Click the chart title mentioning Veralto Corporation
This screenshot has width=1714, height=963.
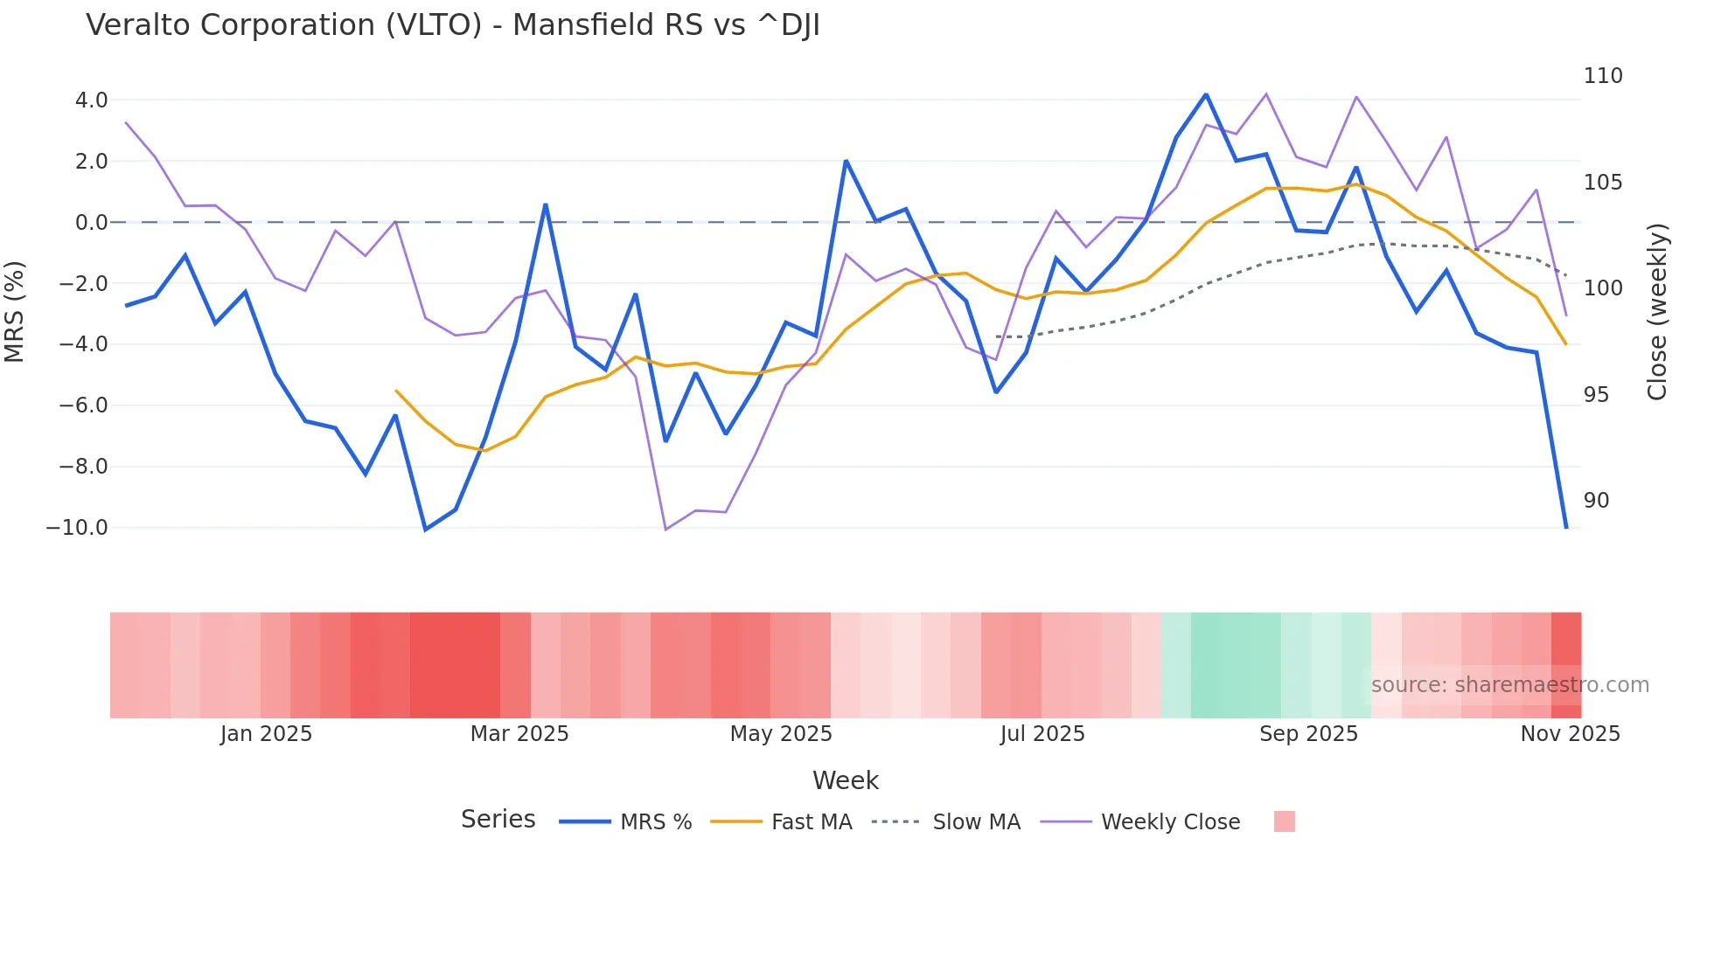[x=453, y=25]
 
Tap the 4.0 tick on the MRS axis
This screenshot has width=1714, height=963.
[x=91, y=100]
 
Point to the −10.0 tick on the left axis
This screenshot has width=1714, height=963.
[x=77, y=528]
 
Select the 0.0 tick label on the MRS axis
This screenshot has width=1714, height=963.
[x=91, y=223]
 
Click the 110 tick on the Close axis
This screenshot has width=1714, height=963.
[x=1603, y=76]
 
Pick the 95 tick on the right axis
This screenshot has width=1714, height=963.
[x=1596, y=395]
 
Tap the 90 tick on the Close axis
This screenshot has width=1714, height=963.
[x=1596, y=501]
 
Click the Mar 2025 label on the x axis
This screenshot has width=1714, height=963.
[x=519, y=734]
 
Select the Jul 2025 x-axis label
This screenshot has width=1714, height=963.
[x=1042, y=734]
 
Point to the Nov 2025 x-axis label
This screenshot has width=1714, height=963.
[x=1570, y=734]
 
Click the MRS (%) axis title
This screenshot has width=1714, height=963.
[x=15, y=311]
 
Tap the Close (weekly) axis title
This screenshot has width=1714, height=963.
[x=1657, y=311]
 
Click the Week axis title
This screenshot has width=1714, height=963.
[x=846, y=780]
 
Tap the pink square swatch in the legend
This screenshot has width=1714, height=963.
[x=1284, y=821]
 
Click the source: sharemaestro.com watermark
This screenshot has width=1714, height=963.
[x=1509, y=685]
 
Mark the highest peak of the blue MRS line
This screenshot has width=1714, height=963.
[x=1206, y=94]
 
